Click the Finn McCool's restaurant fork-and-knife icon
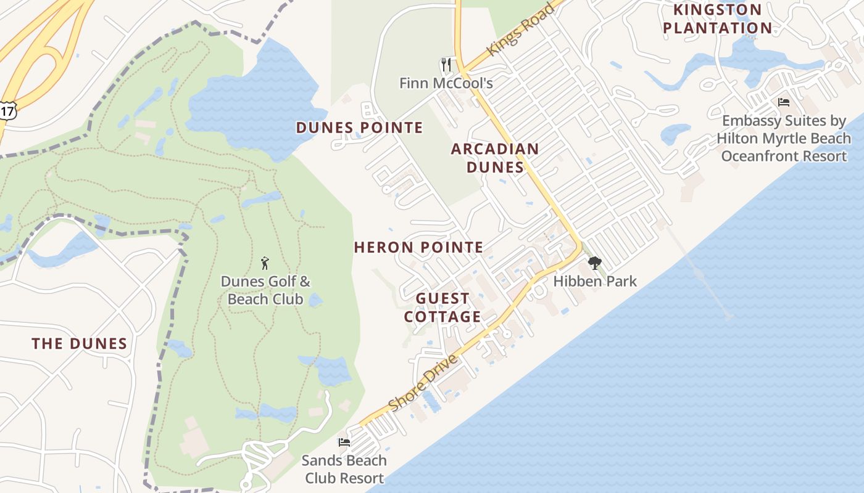coord(446,64)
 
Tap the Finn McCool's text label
coord(446,83)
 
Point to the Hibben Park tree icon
coord(594,263)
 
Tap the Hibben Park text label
coord(594,282)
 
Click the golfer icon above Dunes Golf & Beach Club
coord(265,263)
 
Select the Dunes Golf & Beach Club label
coord(265,290)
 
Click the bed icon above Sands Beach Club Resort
coord(344,442)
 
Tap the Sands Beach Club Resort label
coord(344,469)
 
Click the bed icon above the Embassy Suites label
coord(783,102)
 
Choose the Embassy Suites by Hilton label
coord(783,138)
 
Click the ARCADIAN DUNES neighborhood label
coord(495,158)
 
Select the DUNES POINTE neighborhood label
coord(359,128)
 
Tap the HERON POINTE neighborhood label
coord(418,248)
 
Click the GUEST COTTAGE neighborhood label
coord(442,308)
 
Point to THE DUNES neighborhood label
coord(79,344)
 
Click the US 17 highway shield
coord(7,111)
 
